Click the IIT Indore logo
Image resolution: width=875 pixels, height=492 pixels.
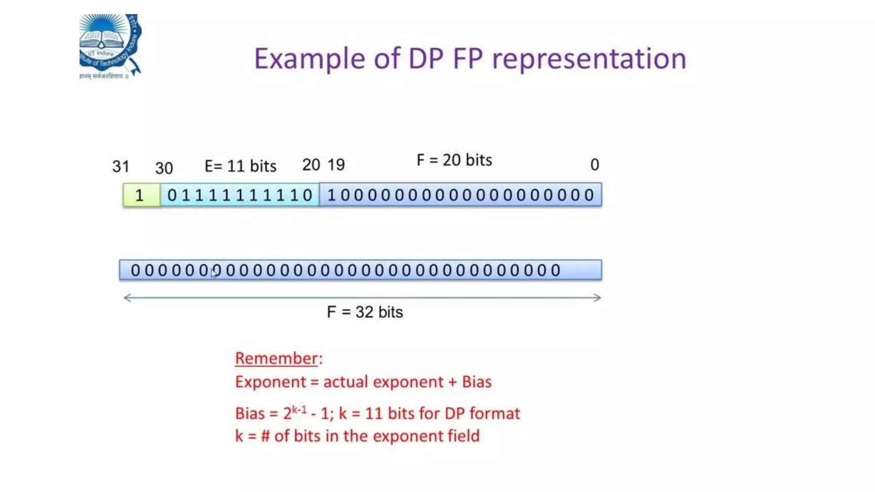[x=110, y=46]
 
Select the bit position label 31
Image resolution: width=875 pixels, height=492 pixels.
[x=120, y=166]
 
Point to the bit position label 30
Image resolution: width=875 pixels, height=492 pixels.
[x=164, y=168]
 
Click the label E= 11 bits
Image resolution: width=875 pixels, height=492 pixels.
[x=240, y=166]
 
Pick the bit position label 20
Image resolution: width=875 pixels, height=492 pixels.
[x=311, y=164]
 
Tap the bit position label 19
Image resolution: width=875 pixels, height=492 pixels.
[x=336, y=164]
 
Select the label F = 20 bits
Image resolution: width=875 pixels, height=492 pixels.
[x=454, y=160]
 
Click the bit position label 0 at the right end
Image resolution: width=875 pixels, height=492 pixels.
[x=594, y=164]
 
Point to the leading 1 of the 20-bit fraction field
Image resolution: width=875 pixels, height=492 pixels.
[x=331, y=195]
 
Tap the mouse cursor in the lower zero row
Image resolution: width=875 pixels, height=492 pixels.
[x=214, y=274]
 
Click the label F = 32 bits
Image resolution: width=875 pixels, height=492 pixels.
[x=365, y=312]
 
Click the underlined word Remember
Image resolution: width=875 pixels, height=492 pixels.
[x=276, y=358]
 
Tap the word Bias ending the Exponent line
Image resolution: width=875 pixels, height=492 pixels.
[x=476, y=382]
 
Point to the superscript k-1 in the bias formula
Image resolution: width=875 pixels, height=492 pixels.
[x=299, y=410]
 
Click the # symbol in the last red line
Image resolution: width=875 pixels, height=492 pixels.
[x=265, y=436]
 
